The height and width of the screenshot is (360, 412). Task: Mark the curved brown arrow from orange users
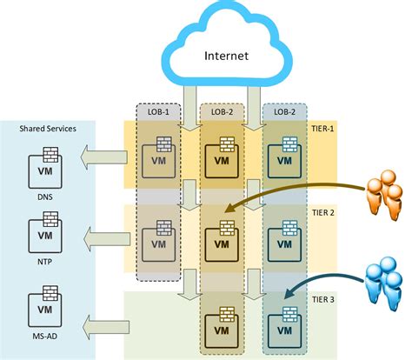click(287, 197)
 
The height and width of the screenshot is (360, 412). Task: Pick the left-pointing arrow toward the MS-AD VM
click(103, 325)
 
